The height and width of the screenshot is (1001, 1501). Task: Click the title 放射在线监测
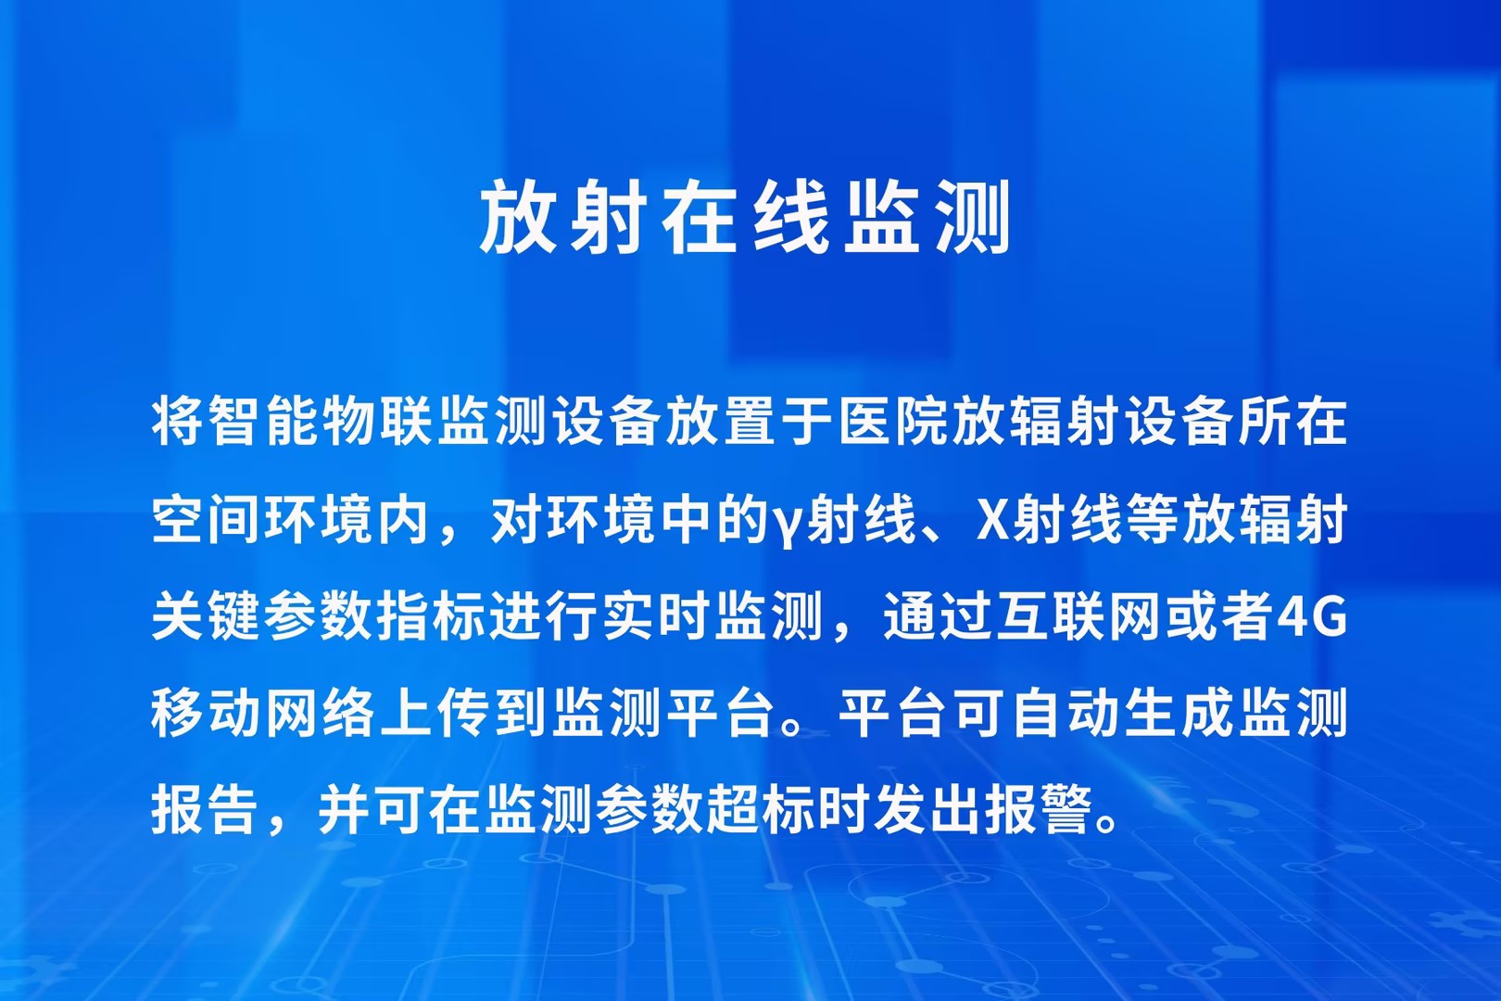(x=744, y=217)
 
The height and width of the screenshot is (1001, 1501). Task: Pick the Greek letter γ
(x=786, y=526)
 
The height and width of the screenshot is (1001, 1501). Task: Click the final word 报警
(x=1021, y=810)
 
